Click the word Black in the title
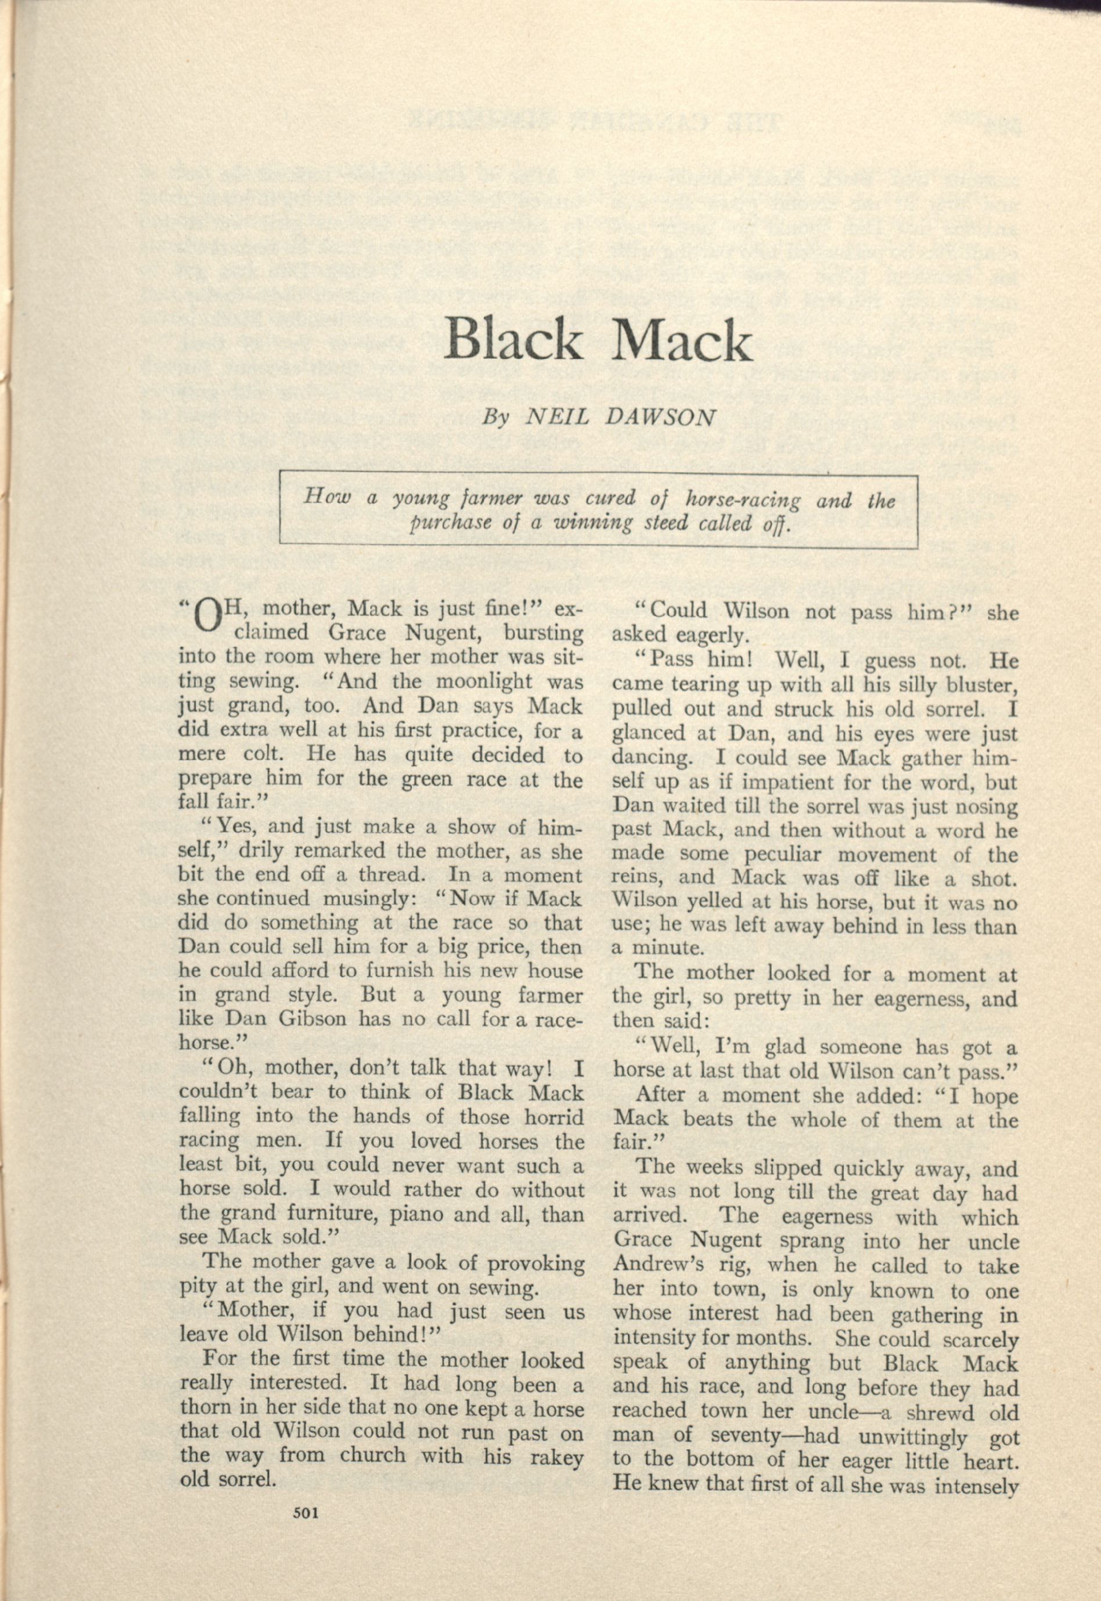pos(512,340)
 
